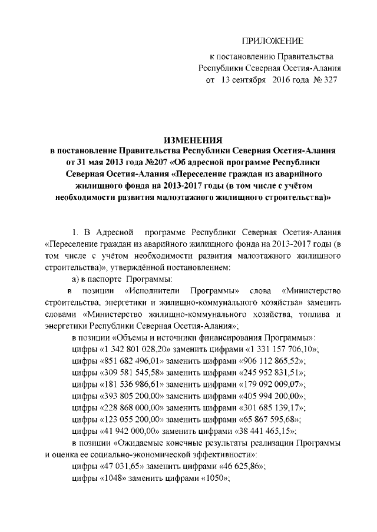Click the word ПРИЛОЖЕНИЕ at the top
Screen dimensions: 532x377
273,41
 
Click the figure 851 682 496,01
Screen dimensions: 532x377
134,362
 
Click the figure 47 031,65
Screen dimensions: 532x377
122,467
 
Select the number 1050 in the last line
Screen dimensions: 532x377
211,479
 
